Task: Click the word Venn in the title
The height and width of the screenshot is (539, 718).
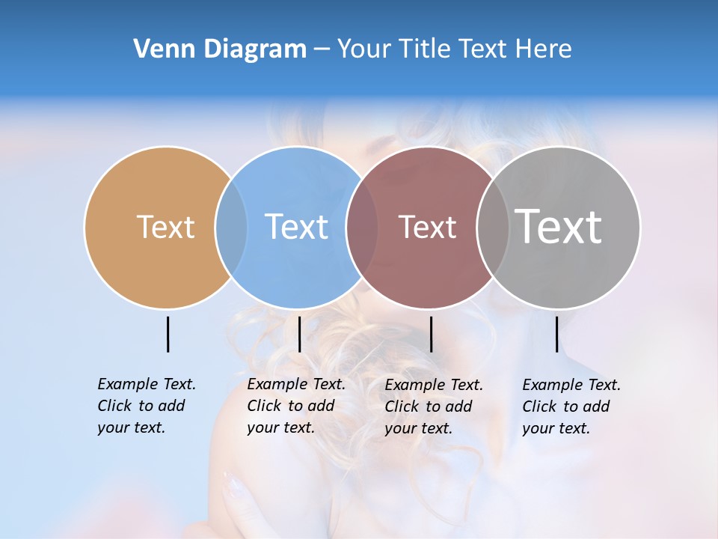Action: [x=159, y=49]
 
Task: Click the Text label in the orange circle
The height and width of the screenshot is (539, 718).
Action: [x=165, y=227]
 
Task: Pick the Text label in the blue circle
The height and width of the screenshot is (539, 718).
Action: [x=297, y=227]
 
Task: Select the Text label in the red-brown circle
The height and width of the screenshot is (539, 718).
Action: [x=427, y=227]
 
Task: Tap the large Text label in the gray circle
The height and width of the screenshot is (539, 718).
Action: [x=559, y=226]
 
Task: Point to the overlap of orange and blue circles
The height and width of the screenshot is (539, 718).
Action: [x=231, y=227]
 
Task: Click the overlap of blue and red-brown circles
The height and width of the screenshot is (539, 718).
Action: [x=362, y=227]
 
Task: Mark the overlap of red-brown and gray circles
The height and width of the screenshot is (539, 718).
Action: [x=492, y=227]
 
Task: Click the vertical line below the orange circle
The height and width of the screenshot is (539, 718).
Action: [x=168, y=334]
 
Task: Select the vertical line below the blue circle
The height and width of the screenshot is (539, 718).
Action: [x=299, y=334]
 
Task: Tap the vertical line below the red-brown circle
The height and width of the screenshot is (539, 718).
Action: [x=431, y=334]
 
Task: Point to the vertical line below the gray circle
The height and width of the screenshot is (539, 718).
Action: [x=556, y=334]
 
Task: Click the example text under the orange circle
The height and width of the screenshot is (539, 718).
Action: [x=146, y=406]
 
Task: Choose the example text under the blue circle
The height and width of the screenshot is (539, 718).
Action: [x=295, y=406]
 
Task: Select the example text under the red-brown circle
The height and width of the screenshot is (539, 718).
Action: [x=433, y=406]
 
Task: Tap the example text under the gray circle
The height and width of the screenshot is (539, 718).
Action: [x=571, y=406]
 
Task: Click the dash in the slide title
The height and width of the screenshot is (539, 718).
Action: [x=322, y=49]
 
